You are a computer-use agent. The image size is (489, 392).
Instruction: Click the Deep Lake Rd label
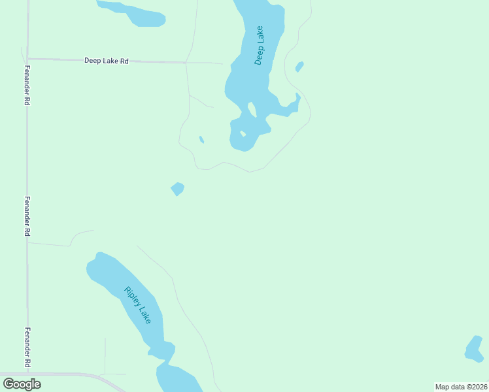tap(107, 61)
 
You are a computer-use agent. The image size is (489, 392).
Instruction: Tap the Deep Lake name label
tap(260, 46)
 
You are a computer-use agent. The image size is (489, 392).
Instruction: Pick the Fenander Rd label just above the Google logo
tap(27, 348)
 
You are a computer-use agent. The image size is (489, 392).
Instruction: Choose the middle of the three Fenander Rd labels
tap(27, 216)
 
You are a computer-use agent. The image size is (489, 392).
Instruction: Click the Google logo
tap(22, 384)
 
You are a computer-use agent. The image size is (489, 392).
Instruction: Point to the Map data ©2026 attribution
tap(462, 387)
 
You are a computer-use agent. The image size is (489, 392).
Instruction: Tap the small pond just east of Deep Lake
tap(299, 67)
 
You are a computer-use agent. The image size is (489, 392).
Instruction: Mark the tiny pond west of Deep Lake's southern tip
tap(201, 139)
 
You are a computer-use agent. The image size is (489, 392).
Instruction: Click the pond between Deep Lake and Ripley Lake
tap(177, 189)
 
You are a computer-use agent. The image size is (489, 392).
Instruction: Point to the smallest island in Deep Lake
tap(243, 133)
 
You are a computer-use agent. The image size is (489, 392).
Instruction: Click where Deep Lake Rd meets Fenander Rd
tap(27, 59)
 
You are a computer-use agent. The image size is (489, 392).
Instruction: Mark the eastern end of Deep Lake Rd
tap(222, 64)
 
